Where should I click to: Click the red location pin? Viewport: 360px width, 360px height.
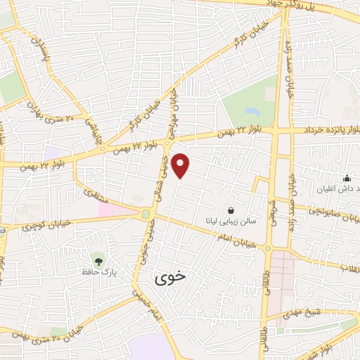(181, 165)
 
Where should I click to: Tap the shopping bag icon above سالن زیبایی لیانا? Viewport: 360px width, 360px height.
(231, 210)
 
